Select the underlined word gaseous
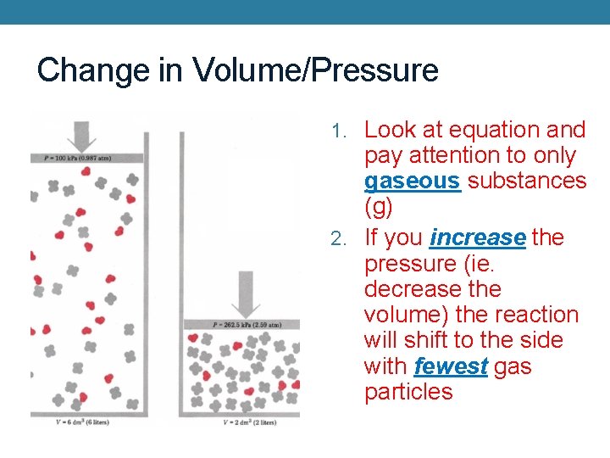click(x=412, y=182)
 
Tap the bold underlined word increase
click(x=478, y=238)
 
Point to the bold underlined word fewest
click(x=451, y=366)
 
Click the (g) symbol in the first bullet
click(x=379, y=207)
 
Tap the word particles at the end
click(x=408, y=392)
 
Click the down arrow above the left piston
click(x=82, y=135)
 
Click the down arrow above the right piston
click(x=246, y=293)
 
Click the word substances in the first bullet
click(x=526, y=182)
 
